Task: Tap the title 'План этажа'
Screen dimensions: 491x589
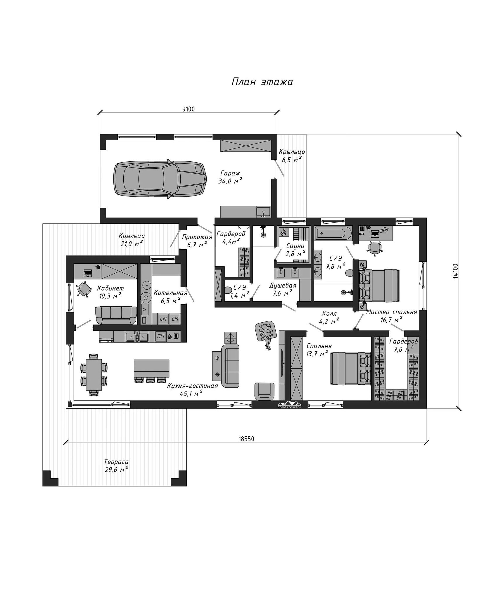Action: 262,82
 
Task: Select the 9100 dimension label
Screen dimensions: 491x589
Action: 189,109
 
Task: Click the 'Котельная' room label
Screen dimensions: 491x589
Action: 170,293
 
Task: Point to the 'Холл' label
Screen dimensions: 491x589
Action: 329,314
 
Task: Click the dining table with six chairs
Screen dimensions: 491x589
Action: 94,374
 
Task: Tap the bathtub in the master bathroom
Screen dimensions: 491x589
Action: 333,233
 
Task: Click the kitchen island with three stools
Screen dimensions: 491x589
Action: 152,371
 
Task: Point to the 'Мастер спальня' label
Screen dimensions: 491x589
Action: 392,312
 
